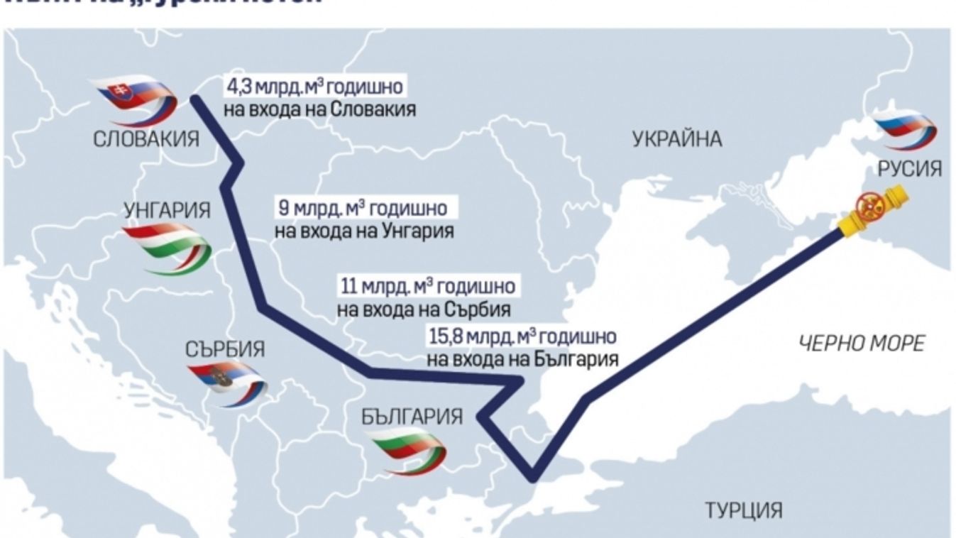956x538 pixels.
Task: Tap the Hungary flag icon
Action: coord(167,248)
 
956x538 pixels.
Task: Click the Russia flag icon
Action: coord(904,130)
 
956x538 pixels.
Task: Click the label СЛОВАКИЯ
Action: coord(147,139)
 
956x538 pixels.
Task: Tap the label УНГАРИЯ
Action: coord(167,211)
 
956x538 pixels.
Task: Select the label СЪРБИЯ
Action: coord(225,349)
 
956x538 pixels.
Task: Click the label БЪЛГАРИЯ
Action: coord(412,417)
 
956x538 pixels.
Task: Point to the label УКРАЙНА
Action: coord(676,140)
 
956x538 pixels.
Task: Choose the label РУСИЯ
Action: coord(910,169)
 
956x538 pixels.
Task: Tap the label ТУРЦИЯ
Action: coord(743,509)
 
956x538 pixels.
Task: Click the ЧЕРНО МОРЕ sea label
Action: coord(862,344)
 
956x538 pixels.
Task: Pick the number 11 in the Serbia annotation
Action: coord(348,287)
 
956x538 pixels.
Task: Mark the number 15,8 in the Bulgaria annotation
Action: coord(446,336)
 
